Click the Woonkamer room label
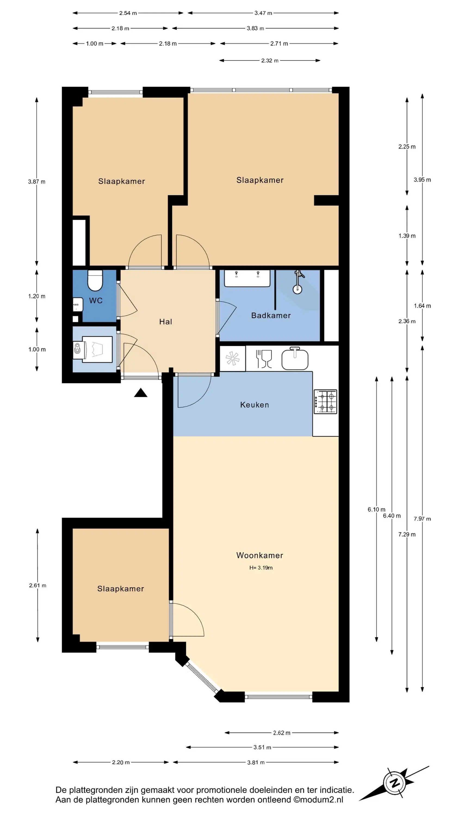coord(259,555)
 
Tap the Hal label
coord(165,322)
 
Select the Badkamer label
coord(271,315)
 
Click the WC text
coord(96,300)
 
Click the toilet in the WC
coord(95,280)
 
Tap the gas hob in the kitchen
coord(325,402)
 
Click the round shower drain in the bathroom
coord(297,289)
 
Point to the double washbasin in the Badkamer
coord(247,278)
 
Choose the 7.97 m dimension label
coord(422,519)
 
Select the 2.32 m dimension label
coord(269,60)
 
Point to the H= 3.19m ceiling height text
coord(261,568)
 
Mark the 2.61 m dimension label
coord(38,585)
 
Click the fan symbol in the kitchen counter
coord(232,358)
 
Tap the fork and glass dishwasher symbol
coord(264,359)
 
